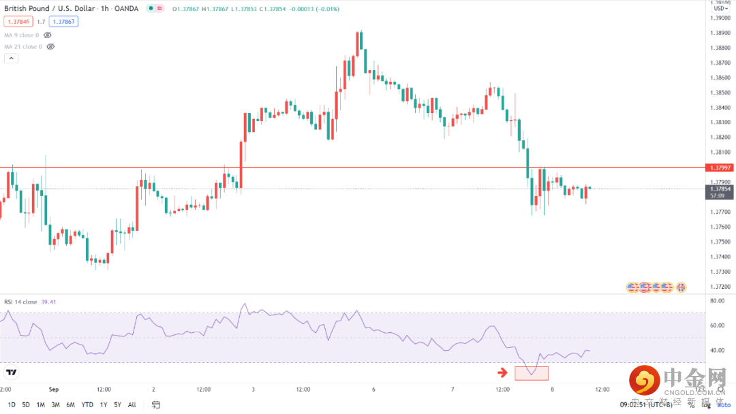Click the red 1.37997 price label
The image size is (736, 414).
tap(720, 168)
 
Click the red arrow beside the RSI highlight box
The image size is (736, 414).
tap(503, 372)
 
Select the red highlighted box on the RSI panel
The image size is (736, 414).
tap(532, 372)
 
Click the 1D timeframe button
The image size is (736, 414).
tap(11, 404)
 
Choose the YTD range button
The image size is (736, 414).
tap(87, 404)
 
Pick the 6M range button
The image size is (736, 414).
tap(70, 404)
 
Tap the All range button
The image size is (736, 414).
tap(132, 404)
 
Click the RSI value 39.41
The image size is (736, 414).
tap(49, 302)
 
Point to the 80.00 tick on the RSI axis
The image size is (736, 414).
tap(717, 300)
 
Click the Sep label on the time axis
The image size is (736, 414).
tap(55, 389)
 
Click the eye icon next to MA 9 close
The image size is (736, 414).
tap(48, 35)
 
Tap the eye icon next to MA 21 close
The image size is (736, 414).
tap(50, 47)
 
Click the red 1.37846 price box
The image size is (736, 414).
tap(18, 22)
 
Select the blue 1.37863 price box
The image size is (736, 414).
tap(63, 22)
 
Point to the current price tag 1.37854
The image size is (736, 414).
tap(720, 189)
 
